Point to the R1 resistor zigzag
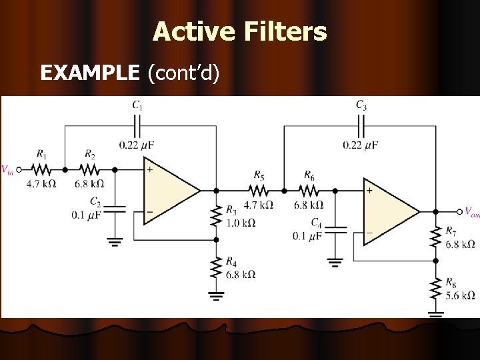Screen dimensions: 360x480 click(x=41, y=169)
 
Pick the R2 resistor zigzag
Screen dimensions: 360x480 click(x=91, y=169)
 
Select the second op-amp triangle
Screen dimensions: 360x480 click(x=390, y=211)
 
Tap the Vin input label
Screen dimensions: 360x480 click(x=8, y=170)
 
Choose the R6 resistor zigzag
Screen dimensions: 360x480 click(x=309, y=190)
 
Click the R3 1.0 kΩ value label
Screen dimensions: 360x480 click(x=241, y=222)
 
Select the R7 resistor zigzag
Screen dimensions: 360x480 click(x=435, y=236)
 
